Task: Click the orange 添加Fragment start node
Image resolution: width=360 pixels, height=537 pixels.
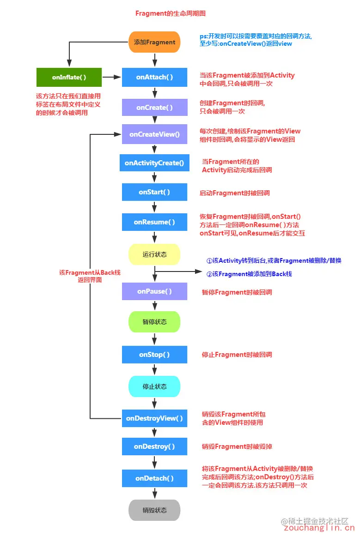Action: tap(154, 42)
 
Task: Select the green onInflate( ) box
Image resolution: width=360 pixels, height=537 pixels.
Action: tap(69, 77)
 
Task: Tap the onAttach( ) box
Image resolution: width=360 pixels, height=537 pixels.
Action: tap(154, 77)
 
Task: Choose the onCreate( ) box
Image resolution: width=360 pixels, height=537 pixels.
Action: tap(154, 107)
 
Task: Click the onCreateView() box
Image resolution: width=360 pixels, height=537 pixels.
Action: tap(154, 134)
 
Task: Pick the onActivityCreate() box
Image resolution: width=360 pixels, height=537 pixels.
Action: tap(154, 163)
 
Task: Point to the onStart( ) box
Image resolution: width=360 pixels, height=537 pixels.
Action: tap(154, 192)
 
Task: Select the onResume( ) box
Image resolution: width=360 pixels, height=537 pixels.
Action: tap(154, 222)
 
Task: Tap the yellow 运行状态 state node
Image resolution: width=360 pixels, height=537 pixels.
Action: tap(154, 254)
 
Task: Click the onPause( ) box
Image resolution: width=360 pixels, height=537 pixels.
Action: tap(154, 291)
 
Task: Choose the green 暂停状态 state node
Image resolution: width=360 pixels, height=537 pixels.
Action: tap(154, 321)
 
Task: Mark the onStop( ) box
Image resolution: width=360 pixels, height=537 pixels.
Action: tap(154, 355)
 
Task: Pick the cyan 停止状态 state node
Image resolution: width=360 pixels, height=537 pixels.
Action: tap(154, 386)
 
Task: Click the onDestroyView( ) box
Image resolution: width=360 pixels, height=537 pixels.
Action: tap(154, 418)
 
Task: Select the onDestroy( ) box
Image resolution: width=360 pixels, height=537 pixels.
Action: tap(154, 446)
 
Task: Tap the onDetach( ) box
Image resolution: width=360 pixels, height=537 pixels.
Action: tap(154, 478)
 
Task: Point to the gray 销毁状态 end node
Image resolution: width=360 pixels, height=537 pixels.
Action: tap(154, 510)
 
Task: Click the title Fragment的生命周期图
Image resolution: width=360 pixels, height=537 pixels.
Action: tap(163, 13)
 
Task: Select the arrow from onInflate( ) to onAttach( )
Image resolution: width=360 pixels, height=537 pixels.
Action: tap(111, 77)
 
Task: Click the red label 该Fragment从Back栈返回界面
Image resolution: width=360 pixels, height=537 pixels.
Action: tap(90, 276)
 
